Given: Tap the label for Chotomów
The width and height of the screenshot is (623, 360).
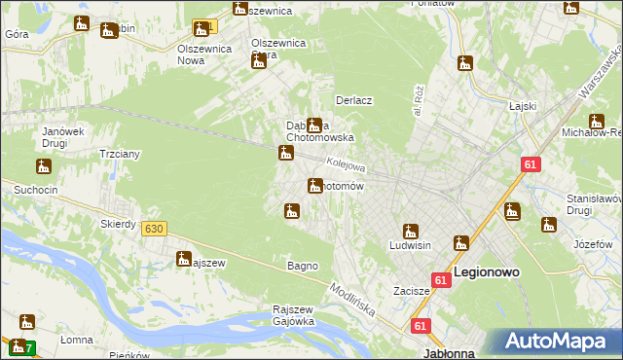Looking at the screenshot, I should (x=345, y=186).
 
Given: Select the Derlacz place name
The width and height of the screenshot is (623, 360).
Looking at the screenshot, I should (x=354, y=100).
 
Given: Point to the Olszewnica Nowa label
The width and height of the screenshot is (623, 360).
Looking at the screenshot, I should (x=203, y=53).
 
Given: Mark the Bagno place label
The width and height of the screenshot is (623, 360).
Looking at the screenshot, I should (x=302, y=266).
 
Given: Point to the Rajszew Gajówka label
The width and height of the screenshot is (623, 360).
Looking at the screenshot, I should (x=292, y=315).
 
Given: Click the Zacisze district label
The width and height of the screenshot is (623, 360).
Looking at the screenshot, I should (x=412, y=291).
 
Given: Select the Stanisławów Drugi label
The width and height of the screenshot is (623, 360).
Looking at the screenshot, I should (x=593, y=204).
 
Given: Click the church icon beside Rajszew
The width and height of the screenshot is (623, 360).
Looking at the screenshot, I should (x=183, y=258).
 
